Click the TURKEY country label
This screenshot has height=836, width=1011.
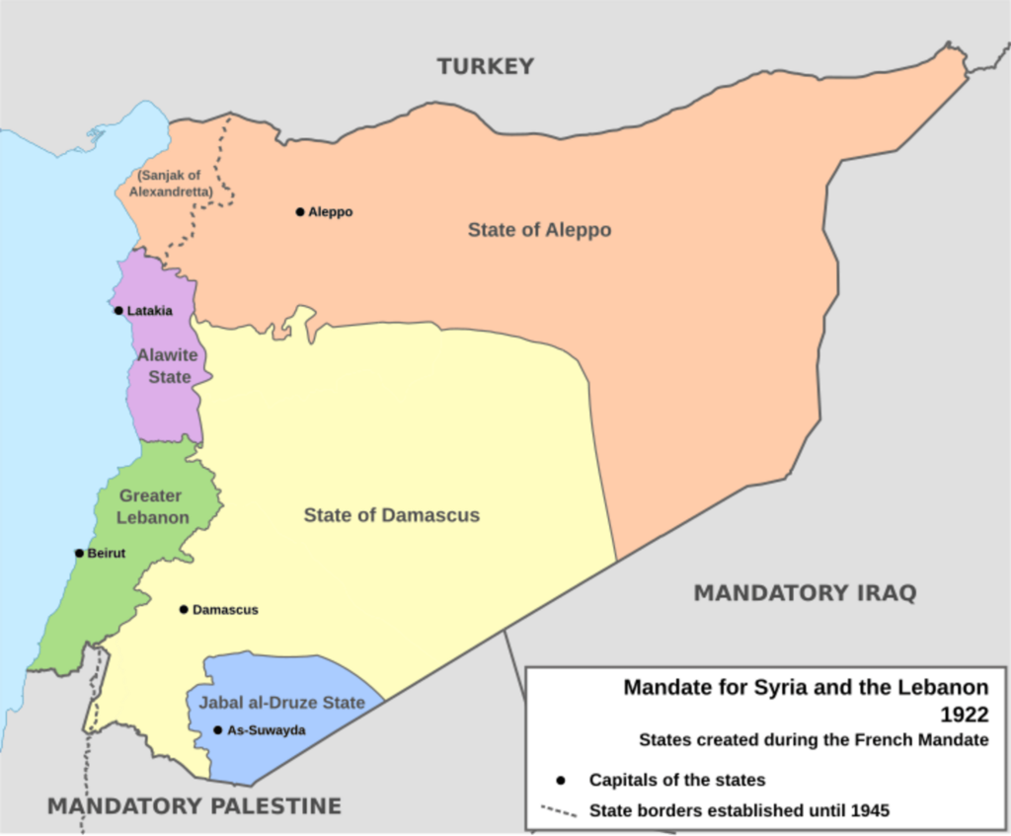(486, 66)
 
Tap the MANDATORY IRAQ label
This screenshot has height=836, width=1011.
(805, 593)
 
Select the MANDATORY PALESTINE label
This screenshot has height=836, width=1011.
(194, 805)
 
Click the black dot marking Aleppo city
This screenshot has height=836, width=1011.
(300, 211)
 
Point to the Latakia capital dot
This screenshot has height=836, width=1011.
(118, 311)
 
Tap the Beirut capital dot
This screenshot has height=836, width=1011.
(79, 553)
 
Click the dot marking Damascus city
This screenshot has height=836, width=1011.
(184, 609)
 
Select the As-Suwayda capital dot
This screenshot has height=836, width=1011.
(217, 730)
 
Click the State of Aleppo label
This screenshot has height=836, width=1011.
(539, 230)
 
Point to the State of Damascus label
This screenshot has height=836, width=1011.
(391, 515)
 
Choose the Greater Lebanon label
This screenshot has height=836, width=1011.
(153, 506)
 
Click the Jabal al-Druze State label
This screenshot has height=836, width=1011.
(281, 703)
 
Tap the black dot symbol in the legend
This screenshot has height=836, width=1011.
(561, 780)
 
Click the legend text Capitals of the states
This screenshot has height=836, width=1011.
(676, 780)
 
